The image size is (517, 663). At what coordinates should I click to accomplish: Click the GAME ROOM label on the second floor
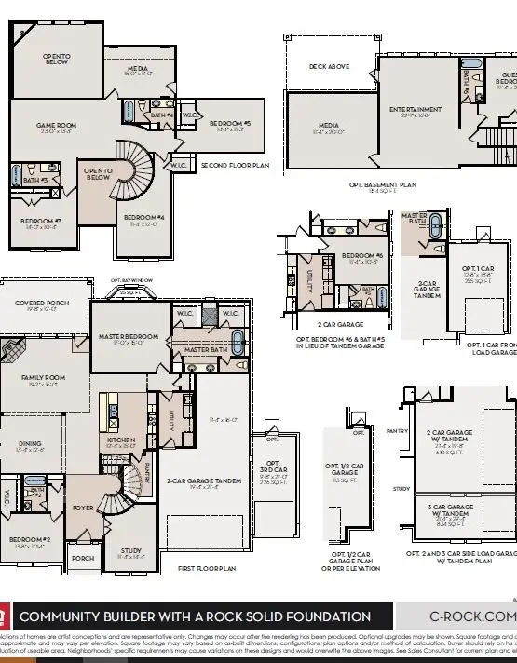[56, 125]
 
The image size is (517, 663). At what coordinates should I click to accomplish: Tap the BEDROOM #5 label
[229, 124]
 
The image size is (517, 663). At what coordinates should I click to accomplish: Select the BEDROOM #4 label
[144, 218]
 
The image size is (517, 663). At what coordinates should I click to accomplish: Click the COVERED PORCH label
[43, 304]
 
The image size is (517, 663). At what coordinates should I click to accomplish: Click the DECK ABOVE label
[330, 66]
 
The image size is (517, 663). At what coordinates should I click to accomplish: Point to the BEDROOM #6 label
[362, 255]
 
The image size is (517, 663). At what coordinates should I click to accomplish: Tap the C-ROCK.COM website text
[469, 616]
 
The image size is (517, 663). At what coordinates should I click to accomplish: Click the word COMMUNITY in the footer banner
[68, 616]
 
